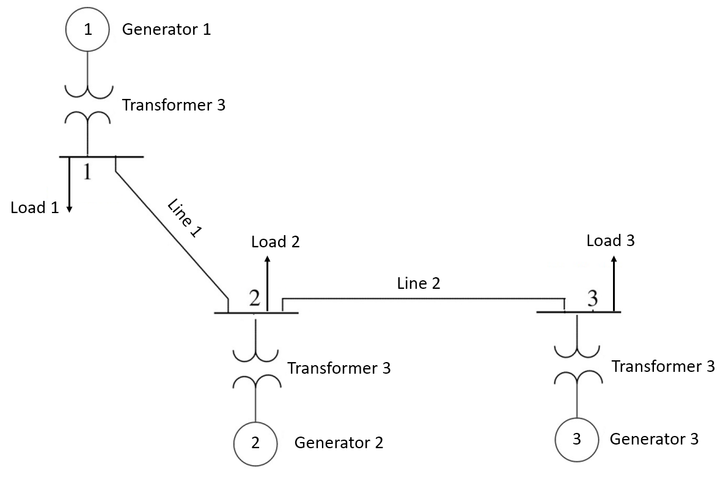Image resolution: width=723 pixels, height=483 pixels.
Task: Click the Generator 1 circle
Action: [x=87, y=29]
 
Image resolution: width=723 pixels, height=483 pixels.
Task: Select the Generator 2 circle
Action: [x=256, y=443]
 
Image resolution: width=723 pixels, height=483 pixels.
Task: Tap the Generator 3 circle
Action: [x=577, y=440]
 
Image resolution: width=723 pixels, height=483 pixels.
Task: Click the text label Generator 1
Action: [x=166, y=29]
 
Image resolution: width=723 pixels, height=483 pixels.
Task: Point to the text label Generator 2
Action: [x=339, y=443]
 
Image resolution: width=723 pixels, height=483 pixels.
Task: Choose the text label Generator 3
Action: [x=654, y=438]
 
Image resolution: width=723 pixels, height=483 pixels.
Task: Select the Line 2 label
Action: [x=419, y=283]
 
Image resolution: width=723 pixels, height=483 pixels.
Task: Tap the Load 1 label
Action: [x=35, y=208]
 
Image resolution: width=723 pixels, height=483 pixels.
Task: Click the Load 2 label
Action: [x=276, y=242]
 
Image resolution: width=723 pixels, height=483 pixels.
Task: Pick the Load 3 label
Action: [x=611, y=241]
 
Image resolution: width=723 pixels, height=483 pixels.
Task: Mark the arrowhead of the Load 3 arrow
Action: [x=614, y=260]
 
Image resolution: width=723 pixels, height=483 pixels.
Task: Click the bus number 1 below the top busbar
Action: [x=87, y=172]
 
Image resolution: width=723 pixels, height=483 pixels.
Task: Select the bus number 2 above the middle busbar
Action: [x=255, y=298]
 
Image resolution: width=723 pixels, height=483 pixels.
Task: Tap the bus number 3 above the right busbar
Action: [x=592, y=299]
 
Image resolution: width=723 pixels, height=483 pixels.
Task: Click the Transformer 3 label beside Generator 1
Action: [x=174, y=105]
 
